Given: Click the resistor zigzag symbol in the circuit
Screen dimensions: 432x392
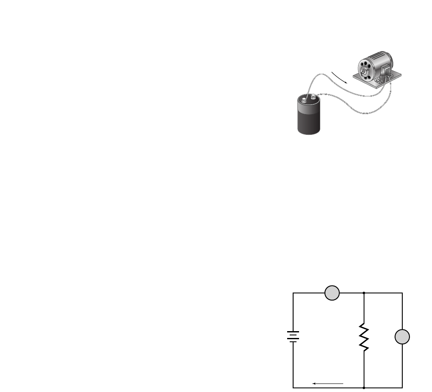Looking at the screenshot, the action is click(364, 337).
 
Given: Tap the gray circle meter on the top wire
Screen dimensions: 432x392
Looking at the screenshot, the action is click(332, 293).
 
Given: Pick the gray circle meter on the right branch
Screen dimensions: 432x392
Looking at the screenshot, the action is click(402, 337).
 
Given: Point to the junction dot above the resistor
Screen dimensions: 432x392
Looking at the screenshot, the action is click(364, 293).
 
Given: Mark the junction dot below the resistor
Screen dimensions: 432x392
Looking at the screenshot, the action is click(364, 388).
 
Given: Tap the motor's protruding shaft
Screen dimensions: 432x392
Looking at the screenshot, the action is click(364, 73).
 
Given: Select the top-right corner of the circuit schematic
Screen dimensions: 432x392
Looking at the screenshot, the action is click(402, 293).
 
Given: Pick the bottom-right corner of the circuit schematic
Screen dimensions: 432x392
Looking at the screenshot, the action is click(402, 388).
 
